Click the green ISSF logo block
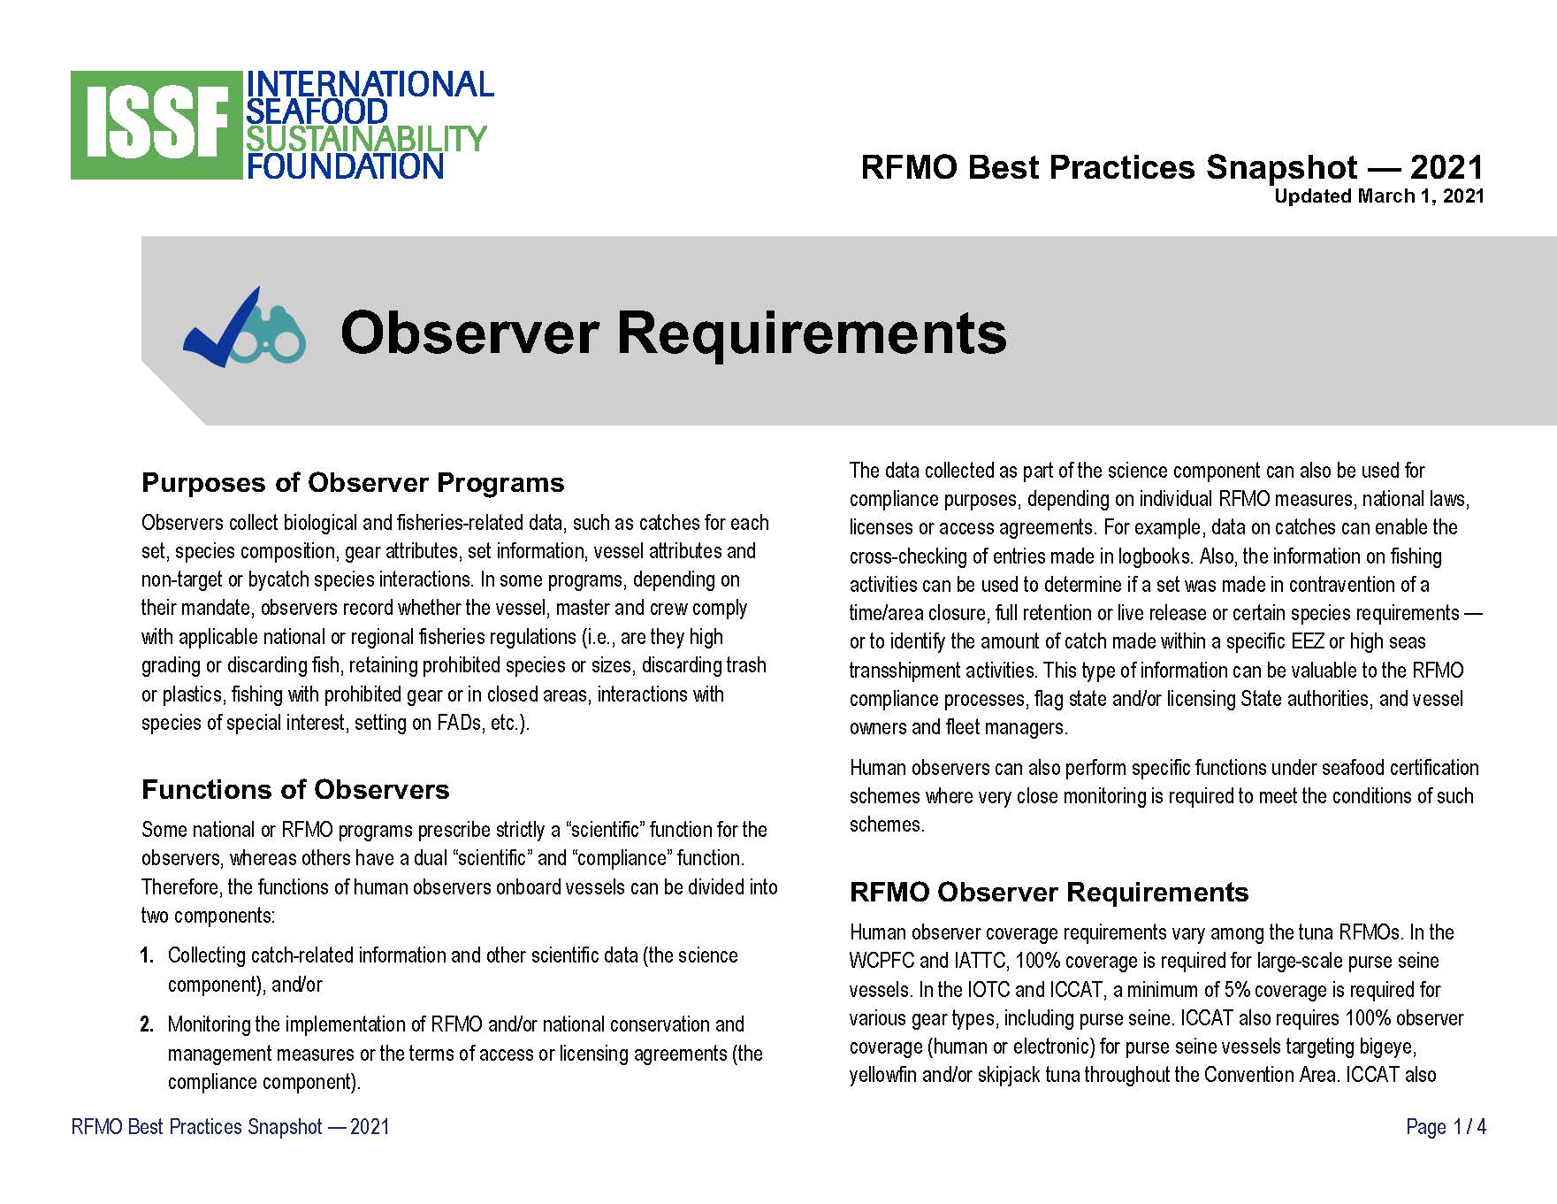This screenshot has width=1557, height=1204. (156, 126)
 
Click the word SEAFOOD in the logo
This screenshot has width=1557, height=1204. (317, 111)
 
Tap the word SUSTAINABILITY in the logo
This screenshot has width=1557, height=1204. (366, 139)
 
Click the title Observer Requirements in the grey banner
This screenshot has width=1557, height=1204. (674, 334)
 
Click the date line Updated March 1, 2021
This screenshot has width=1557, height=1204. (1378, 196)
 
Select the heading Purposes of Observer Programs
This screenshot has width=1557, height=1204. (353, 483)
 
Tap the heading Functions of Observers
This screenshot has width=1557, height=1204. (295, 789)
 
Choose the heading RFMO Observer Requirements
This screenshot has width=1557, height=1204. (1049, 893)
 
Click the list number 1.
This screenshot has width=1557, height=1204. (147, 955)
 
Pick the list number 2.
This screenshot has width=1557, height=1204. (147, 1024)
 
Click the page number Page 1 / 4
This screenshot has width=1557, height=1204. (1446, 1127)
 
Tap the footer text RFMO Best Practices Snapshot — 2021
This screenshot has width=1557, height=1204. (230, 1127)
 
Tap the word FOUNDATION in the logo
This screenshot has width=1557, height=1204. (345, 166)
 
